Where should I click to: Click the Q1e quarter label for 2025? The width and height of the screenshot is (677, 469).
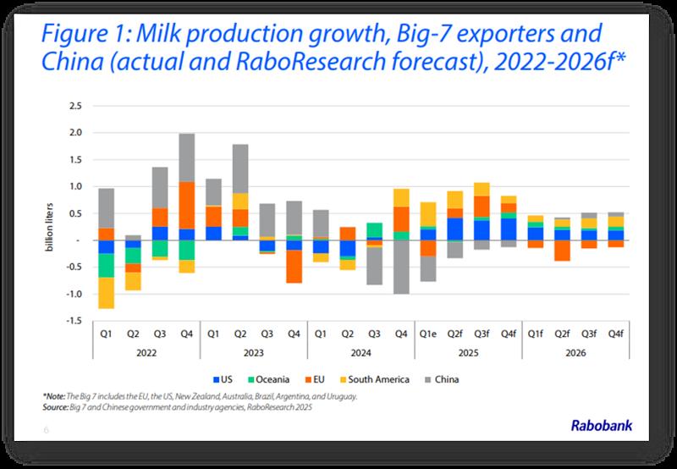pos(428,334)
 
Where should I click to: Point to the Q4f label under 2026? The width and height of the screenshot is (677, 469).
pos(616,334)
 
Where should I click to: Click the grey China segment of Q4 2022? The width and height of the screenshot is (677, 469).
pos(187,157)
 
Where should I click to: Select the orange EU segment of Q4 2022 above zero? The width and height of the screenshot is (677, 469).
pos(187,206)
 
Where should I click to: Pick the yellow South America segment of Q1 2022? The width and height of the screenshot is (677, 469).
pos(106,293)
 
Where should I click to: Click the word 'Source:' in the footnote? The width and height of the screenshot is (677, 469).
pos(58,406)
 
